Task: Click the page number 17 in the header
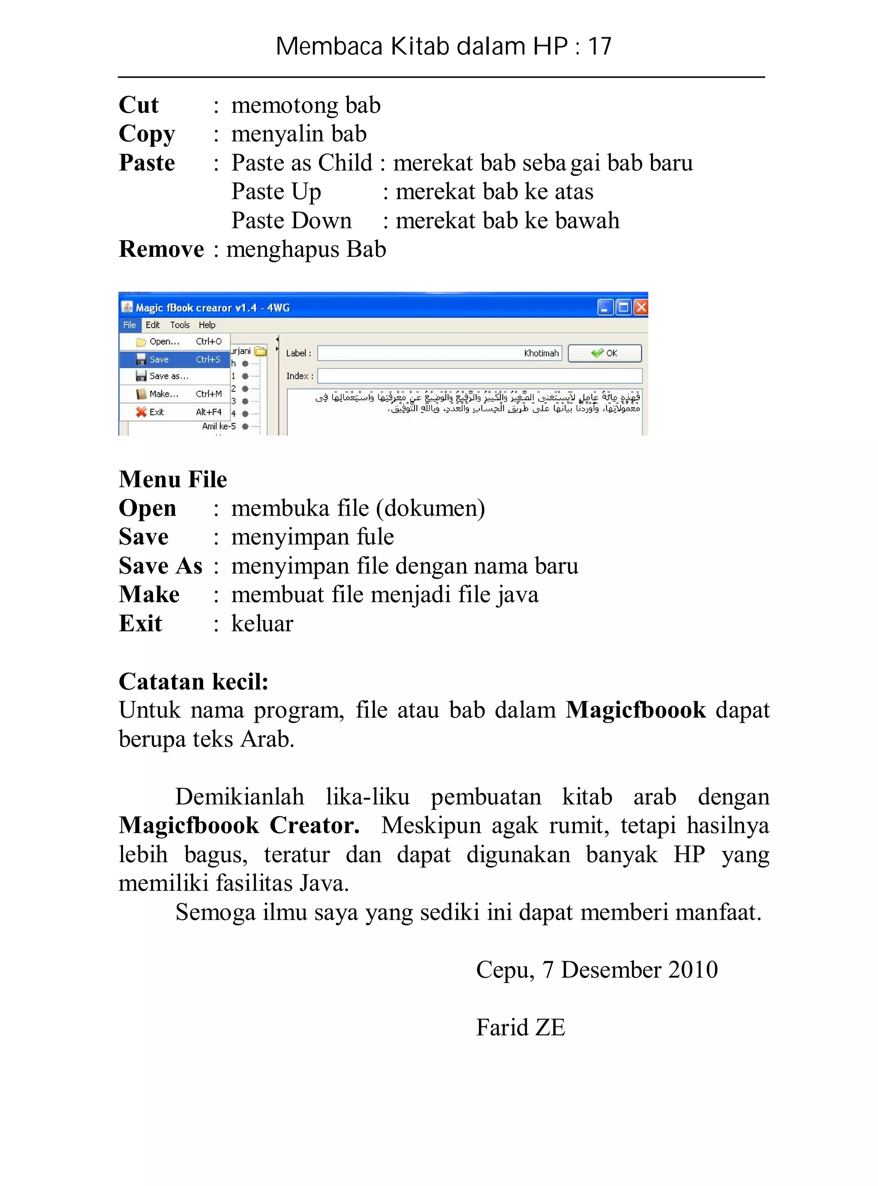click(x=599, y=47)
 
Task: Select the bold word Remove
click(x=161, y=249)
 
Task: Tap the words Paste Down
click(x=291, y=220)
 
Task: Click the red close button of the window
click(x=641, y=307)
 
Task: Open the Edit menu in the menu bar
click(x=153, y=325)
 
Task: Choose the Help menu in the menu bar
click(x=207, y=325)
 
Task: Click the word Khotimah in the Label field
click(x=541, y=353)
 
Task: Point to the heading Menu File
click(x=173, y=479)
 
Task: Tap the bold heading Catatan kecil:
click(x=193, y=681)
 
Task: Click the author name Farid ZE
click(x=520, y=1027)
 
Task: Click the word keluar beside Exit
click(x=262, y=623)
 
